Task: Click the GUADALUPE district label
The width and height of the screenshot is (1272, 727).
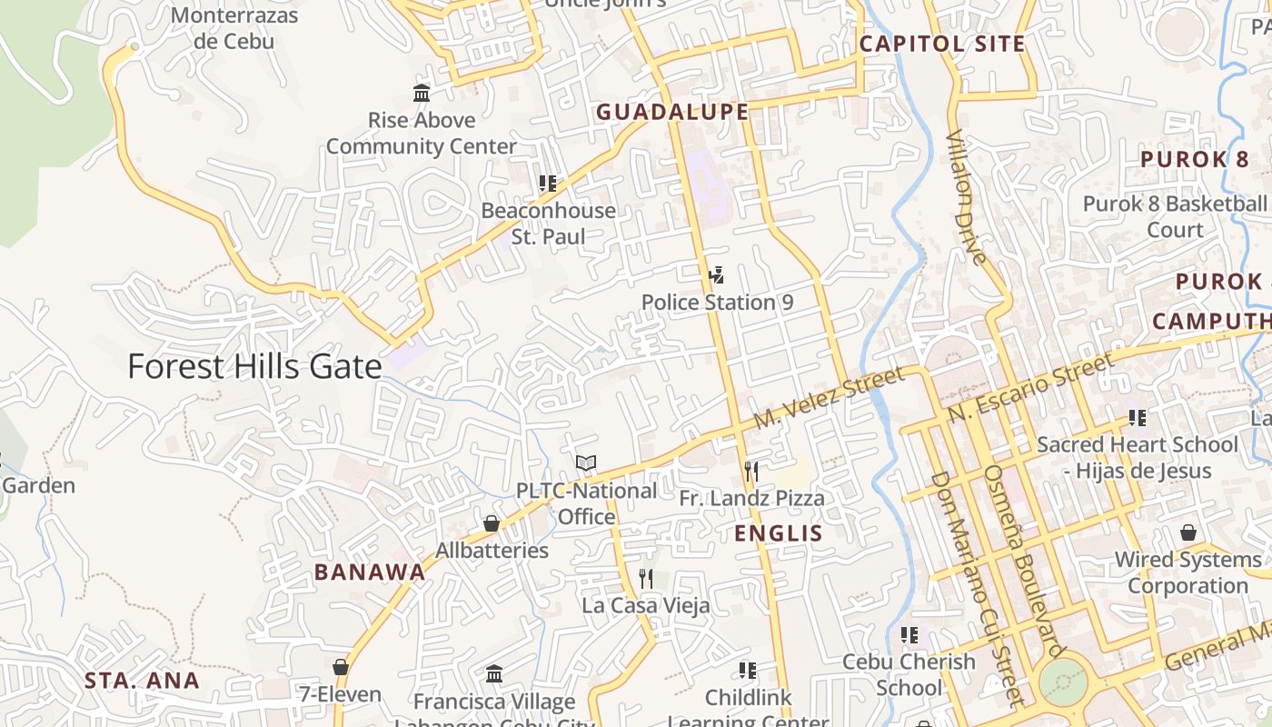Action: [x=671, y=112]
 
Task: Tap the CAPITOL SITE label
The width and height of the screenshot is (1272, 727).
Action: [x=942, y=44]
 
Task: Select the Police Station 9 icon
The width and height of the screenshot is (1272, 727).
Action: [x=716, y=274]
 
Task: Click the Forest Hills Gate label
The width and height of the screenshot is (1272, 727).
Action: [x=254, y=366]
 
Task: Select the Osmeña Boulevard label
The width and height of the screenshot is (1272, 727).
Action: [x=1021, y=560]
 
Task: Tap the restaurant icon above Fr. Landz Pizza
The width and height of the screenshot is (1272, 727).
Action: [x=750, y=471]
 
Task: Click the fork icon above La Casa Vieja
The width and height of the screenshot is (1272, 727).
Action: [x=645, y=578]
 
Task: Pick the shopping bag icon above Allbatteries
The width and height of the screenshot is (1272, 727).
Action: [x=492, y=523]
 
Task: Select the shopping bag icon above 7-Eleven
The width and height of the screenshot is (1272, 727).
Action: [x=341, y=667]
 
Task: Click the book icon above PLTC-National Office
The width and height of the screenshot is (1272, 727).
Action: [x=586, y=463]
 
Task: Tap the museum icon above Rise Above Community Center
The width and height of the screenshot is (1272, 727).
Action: [x=422, y=93]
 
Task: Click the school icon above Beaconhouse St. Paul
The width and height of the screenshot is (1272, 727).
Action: [x=548, y=184]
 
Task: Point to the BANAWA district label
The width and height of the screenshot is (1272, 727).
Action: [x=370, y=573]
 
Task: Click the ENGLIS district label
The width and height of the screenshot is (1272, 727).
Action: [x=778, y=533]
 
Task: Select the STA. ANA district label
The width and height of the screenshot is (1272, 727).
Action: [x=142, y=681]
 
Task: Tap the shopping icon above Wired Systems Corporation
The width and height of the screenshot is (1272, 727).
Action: [x=1188, y=533]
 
